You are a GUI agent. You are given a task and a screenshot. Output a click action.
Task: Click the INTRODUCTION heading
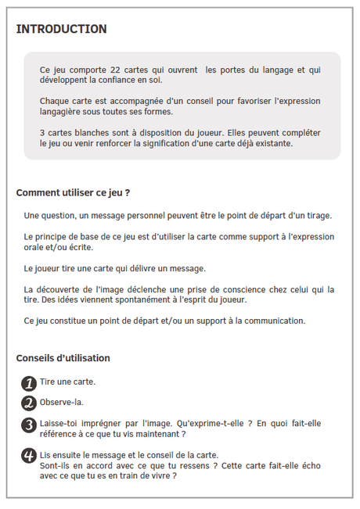61,29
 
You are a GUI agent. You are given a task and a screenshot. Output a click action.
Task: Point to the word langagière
63,112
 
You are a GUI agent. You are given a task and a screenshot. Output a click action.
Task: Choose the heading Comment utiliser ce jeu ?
73,192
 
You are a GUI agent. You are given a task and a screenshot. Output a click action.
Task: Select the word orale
36,247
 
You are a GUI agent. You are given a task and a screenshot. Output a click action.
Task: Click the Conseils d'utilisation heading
63,358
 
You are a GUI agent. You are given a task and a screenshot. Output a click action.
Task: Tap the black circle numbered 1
28,383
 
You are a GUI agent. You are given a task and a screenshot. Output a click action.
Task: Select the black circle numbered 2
28,403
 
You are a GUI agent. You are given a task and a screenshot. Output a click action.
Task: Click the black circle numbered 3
28,425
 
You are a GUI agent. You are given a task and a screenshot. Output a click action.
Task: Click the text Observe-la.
61,403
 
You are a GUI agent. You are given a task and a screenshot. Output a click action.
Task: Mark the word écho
310,465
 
